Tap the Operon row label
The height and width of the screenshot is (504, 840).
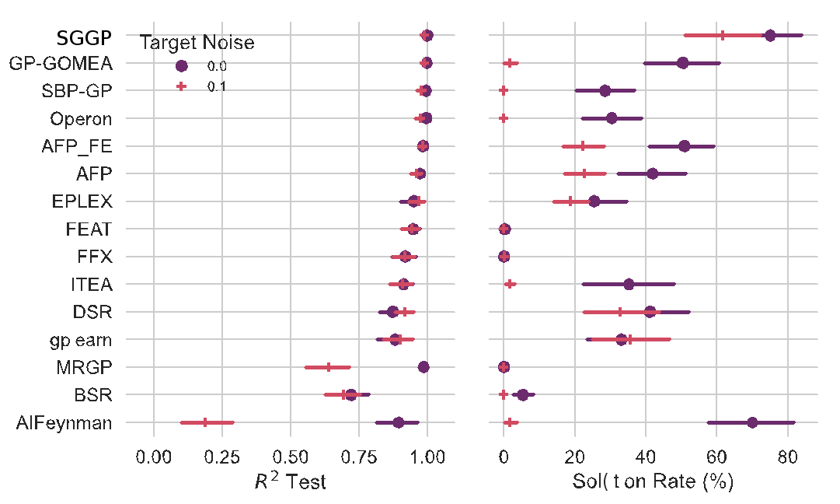pos(81,119)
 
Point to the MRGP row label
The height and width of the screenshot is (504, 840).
pos(82,368)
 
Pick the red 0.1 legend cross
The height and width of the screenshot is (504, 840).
pos(181,86)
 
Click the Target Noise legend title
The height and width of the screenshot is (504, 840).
pos(197,44)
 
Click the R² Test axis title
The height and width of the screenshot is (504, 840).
pos(290,481)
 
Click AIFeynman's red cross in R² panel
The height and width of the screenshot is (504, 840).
pos(205,422)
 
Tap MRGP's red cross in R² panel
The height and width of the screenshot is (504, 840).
pos(329,367)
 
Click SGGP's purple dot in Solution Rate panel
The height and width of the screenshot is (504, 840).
pos(770,35)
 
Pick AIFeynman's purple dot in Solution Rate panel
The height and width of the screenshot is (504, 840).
pos(752,422)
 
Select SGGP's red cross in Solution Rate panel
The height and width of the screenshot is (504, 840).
pos(723,35)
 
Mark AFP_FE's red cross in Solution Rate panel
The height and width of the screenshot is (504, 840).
pos(583,146)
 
